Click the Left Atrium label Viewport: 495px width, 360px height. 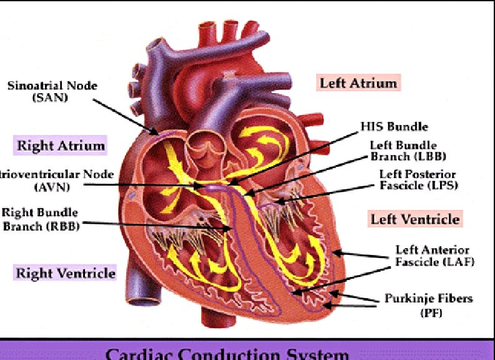point(358,83)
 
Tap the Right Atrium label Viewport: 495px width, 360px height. point(60,146)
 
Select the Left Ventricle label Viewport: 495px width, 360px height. point(415,219)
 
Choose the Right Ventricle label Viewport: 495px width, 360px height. point(66,273)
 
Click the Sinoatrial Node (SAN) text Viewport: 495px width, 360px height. point(52,92)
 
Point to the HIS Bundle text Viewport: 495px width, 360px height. point(394,126)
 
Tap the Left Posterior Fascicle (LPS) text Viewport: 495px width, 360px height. point(418,179)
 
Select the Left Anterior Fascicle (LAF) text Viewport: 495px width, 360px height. point(434,256)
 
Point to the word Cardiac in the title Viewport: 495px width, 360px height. point(134,354)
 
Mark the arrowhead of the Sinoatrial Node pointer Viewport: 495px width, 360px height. point(156,133)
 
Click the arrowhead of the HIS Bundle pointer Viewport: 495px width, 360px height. point(230,183)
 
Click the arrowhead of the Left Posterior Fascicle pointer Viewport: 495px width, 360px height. point(277,202)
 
